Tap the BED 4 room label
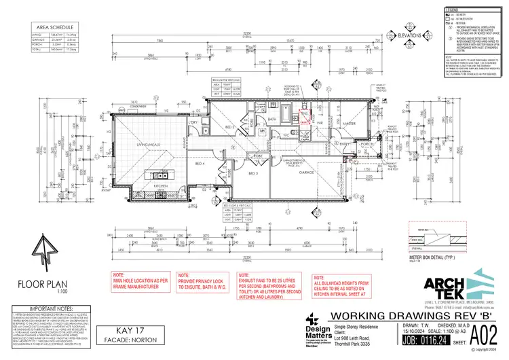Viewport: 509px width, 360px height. point(200,164)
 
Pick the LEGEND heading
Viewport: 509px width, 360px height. point(451,11)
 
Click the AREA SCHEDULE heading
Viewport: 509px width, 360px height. point(50,28)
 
